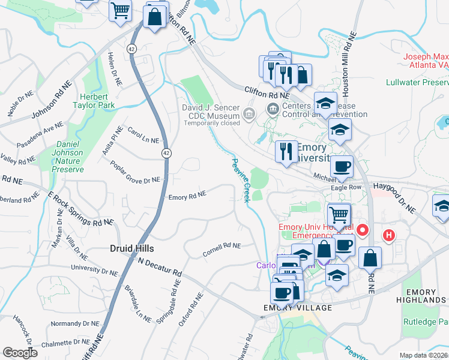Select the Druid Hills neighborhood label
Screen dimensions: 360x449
[x=132, y=248]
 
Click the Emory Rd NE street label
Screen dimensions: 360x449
[x=187, y=196]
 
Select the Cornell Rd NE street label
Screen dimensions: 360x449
[x=221, y=250]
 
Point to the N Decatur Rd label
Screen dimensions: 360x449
[x=160, y=267]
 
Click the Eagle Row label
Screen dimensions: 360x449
[x=346, y=188]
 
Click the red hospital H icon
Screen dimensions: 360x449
[x=389, y=236]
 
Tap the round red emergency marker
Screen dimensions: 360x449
[x=363, y=230]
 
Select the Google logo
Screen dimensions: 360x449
[x=20, y=353]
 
